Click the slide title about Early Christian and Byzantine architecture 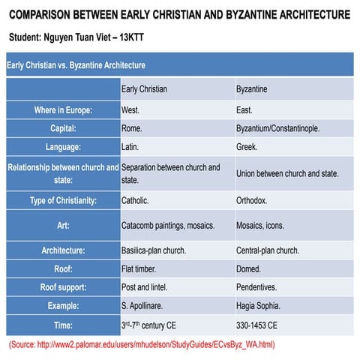180,14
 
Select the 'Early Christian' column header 144,88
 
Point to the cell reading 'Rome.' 132,128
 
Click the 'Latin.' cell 130,147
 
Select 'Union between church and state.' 287,173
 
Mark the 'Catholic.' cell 135,201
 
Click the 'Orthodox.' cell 251,201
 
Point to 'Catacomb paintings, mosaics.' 168,225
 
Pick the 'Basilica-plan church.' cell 159,250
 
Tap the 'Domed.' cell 248,268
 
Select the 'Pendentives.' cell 256,286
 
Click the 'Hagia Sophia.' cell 258,305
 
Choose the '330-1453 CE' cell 256,325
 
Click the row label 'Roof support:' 63,286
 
